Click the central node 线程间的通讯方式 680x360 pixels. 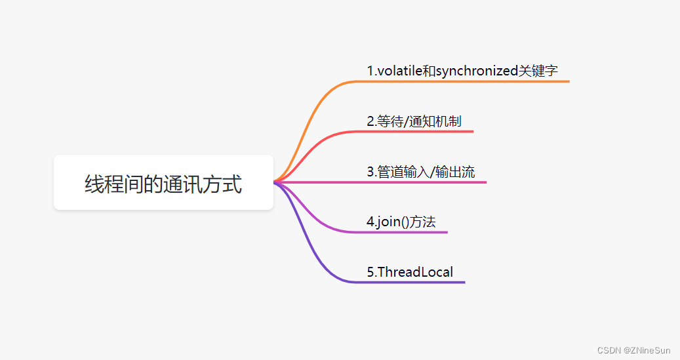[x=163, y=183]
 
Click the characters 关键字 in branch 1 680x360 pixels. [x=538, y=71]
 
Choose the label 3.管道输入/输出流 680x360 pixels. [x=421, y=172]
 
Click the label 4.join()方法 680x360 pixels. [x=401, y=222]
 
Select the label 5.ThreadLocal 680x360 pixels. [x=410, y=271]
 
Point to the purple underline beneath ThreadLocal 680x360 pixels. [x=426, y=282]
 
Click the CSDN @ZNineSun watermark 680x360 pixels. [x=635, y=350]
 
